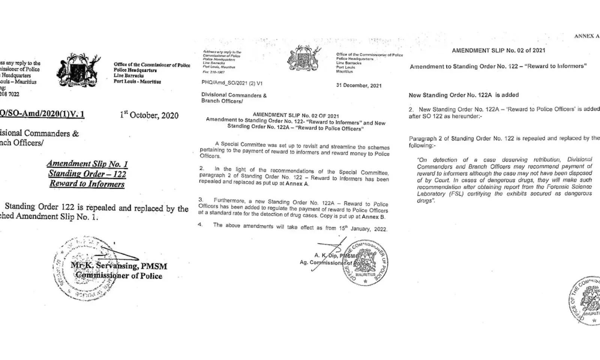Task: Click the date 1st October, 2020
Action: [149, 115]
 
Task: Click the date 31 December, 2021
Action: [359, 85]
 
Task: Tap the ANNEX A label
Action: [586, 36]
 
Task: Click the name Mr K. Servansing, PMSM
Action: [119, 266]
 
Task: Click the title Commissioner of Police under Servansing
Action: [119, 276]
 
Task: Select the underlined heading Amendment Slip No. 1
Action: [87, 163]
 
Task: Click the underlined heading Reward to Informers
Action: [87, 184]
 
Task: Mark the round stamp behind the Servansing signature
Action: [81, 268]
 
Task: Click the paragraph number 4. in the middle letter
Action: [200, 225]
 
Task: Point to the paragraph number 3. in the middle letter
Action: [201, 200]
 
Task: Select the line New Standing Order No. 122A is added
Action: [463, 95]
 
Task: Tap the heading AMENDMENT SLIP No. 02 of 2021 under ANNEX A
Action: [498, 50]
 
